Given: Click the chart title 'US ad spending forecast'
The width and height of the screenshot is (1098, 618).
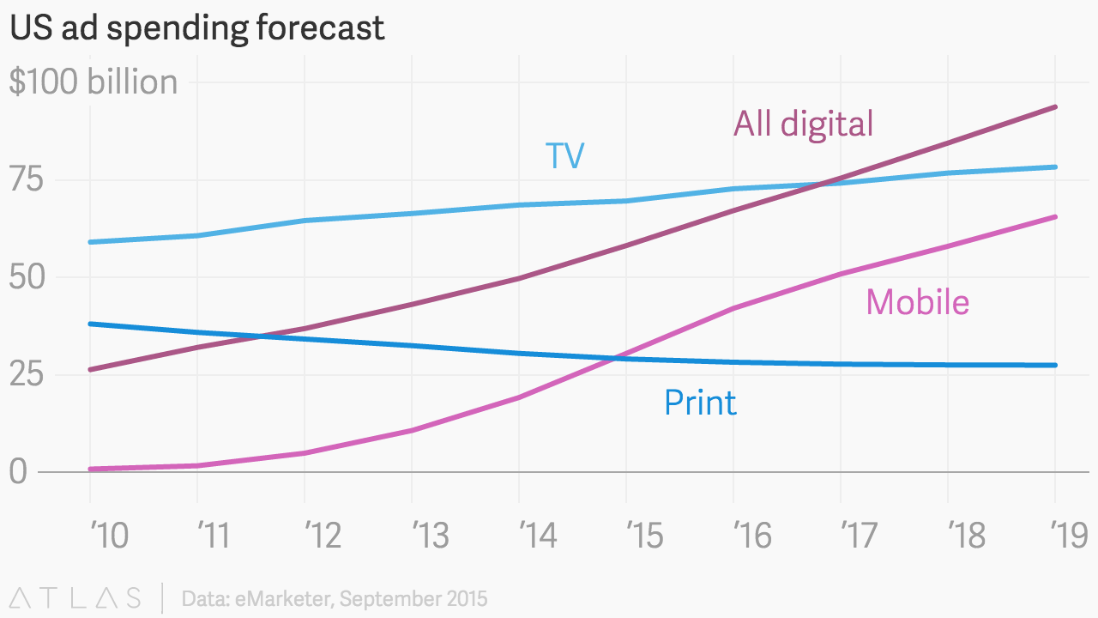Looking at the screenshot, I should click(x=196, y=28).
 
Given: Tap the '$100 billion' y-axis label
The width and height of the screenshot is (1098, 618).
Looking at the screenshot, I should click(x=94, y=82).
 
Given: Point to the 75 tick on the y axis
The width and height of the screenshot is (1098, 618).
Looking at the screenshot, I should click(x=26, y=180).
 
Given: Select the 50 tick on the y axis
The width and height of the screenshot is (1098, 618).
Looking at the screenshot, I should click(x=26, y=277).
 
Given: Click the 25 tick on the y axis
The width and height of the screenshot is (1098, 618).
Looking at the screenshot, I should click(x=26, y=375).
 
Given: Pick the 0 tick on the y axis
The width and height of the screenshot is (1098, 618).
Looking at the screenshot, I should click(x=18, y=472).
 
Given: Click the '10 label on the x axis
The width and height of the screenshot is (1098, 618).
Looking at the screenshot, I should click(x=109, y=536).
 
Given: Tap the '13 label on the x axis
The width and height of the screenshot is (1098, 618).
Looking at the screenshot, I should click(x=431, y=536).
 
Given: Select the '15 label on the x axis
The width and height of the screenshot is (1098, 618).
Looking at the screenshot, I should click(x=644, y=536).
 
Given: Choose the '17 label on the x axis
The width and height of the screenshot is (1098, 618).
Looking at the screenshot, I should click(x=859, y=536).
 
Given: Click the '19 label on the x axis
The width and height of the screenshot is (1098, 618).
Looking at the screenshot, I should click(x=1070, y=536).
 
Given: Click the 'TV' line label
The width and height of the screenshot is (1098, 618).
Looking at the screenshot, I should click(x=565, y=156).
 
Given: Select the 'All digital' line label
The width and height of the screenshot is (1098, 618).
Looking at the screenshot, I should click(x=803, y=124).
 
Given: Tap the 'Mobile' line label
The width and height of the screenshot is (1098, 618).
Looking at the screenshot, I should click(x=917, y=302).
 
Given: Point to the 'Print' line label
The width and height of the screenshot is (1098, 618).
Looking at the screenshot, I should click(x=700, y=403).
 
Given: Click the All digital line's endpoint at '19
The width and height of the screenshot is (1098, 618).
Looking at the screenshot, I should click(x=1055, y=107).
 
